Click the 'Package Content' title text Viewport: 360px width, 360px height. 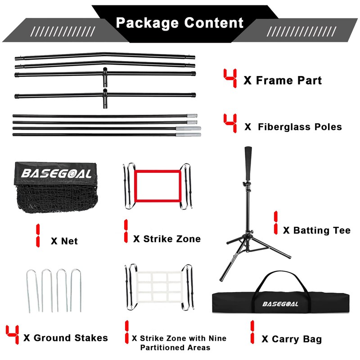pos(180,22)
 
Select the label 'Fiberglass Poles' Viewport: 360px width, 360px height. pos(300,127)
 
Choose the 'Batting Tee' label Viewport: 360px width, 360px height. pos(322,230)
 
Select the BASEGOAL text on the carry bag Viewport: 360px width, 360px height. pos(280,304)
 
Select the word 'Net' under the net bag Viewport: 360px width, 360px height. pos(70,241)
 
